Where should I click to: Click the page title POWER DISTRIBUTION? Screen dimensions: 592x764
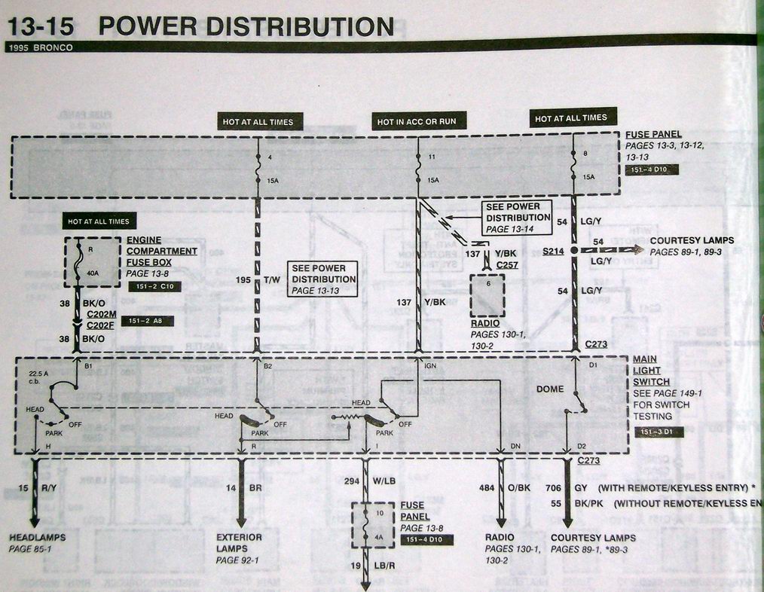[x=246, y=27]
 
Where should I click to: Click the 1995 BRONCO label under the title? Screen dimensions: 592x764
[x=38, y=47]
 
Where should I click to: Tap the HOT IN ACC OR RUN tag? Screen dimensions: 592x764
[x=417, y=121]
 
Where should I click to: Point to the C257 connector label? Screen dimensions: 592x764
[x=509, y=264]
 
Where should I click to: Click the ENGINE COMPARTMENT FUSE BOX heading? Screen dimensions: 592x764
[x=161, y=251]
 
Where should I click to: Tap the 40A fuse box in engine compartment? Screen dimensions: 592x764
[x=92, y=262]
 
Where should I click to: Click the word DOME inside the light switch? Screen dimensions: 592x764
[x=550, y=389]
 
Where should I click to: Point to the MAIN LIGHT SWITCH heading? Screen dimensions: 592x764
[x=646, y=370]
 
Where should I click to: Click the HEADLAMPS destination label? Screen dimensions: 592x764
[x=37, y=537]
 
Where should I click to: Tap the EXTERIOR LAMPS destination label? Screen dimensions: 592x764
[x=240, y=542]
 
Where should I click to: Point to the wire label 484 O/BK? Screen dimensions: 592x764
[x=505, y=488]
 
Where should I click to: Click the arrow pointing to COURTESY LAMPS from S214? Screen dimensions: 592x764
[x=628, y=249]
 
